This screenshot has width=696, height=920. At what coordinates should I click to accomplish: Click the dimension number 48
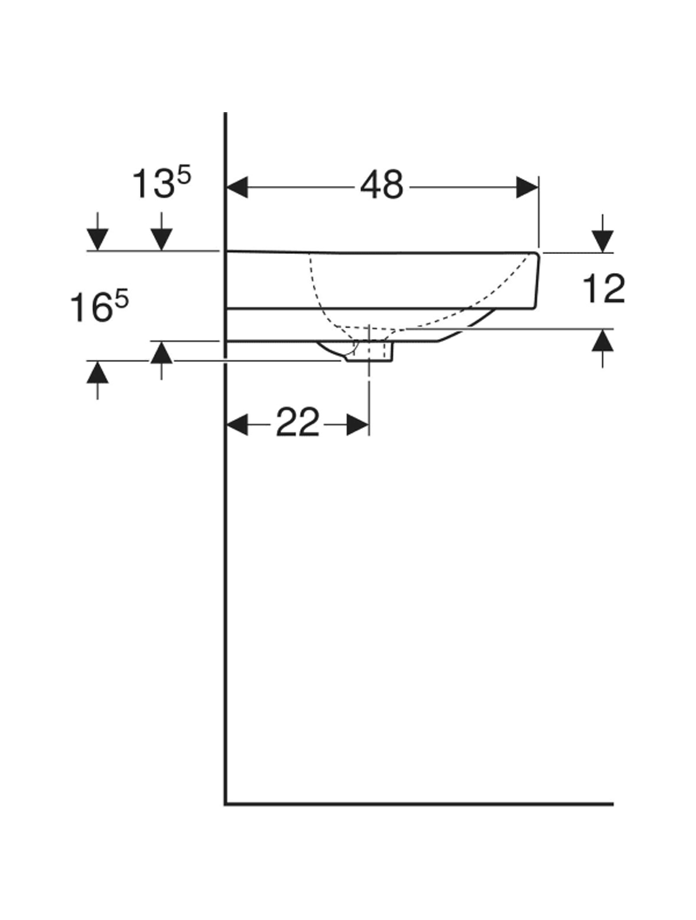[381, 185]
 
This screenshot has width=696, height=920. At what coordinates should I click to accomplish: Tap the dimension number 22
[298, 423]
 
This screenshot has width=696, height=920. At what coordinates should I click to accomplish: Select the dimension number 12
[604, 289]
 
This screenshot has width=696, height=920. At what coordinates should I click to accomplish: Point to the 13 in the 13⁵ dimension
[151, 183]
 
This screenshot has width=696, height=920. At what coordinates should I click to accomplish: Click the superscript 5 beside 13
[184, 177]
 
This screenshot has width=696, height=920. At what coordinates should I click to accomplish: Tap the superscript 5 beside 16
[122, 302]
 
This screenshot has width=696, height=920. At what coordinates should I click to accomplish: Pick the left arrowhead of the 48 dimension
[238, 187]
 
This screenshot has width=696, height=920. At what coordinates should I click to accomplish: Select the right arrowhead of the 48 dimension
[527, 187]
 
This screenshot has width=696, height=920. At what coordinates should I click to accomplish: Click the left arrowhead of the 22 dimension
[238, 423]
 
